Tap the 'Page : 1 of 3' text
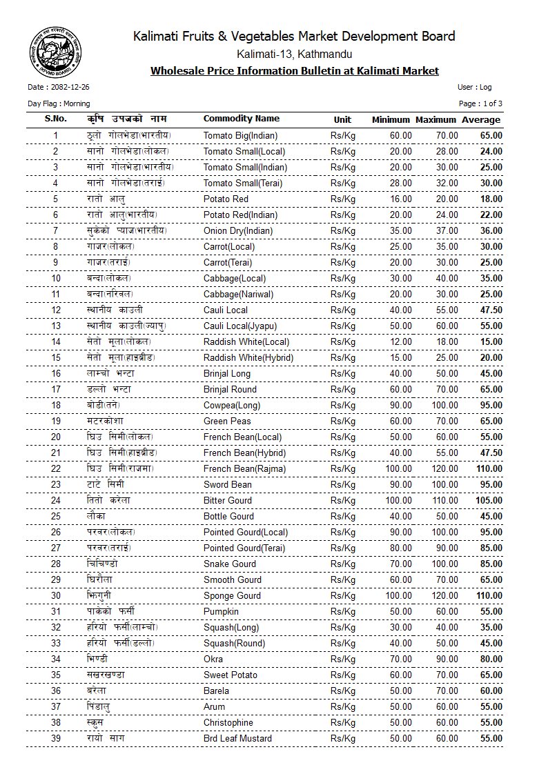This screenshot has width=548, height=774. (480, 103)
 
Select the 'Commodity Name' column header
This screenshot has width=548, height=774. (242, 119)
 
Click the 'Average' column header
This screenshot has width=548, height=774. (481, 119)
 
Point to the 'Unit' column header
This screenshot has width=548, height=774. (342, 119)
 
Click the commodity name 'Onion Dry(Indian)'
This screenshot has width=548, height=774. (238, 230)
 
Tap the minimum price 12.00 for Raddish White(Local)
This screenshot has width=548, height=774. (401, 341)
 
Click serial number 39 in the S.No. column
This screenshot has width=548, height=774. (56, 738)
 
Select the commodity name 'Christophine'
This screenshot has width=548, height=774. (228, 722)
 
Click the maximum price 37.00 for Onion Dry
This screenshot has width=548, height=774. (447, 230)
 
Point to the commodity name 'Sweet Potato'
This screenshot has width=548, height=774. (231, 675)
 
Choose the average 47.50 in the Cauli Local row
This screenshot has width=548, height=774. (491, 310)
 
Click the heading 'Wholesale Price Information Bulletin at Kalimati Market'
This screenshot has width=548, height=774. (295, 71)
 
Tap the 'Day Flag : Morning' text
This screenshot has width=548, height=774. (59, 103)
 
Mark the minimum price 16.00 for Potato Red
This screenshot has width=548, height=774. (401, 199)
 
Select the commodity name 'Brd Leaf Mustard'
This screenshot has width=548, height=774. (237, 738)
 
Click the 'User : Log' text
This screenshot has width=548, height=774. (474, 88)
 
